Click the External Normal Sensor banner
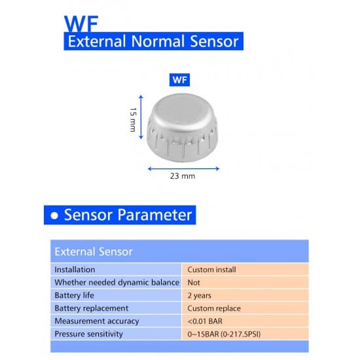[x=153, y=42]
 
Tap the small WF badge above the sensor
[x=179, y=80]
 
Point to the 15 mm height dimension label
[x=133, y=120]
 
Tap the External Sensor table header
[x=94, y=251]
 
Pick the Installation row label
[x=75, y=269]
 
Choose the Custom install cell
[x=211, y=269]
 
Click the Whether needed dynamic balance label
[x=117, y=282]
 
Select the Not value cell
[x=194, y=282]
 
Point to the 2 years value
[x=199, y=295]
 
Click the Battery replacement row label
[x=92, y=308]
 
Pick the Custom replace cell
[x=214, y=308]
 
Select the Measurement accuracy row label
[x=97, y=321]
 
